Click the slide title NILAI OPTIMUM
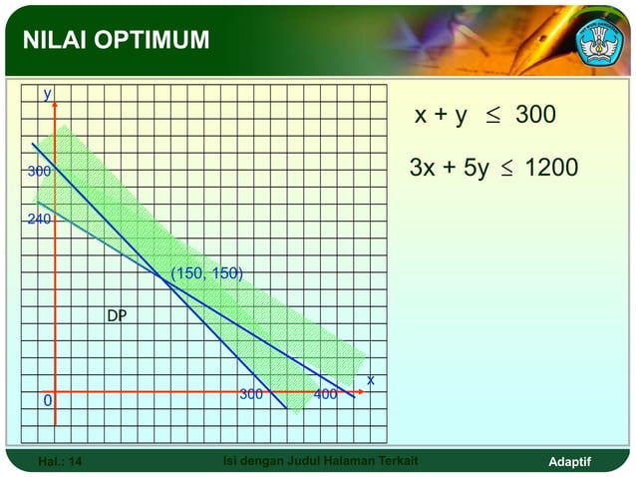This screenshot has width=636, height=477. (x=118, y=40)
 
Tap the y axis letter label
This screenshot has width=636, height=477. (x=46, y=94)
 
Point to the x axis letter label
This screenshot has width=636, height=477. (x=370, y=380)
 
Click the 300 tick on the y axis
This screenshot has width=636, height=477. (x=39, y=172)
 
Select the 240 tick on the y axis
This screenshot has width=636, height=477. (x=39, y=219)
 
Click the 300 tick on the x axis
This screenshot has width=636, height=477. (x=250, y=394)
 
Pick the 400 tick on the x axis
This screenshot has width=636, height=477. (x=325, y=394)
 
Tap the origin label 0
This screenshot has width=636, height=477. (x=47, y=401)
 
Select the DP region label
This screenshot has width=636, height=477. (x=118, y=316)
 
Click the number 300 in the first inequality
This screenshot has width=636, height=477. (x=535, y=117)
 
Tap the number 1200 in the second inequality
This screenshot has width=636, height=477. (x=550, y=168)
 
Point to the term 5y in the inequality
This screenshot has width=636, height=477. (x=475, y=169)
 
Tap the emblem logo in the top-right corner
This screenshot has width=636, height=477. (x=599, y=39)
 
